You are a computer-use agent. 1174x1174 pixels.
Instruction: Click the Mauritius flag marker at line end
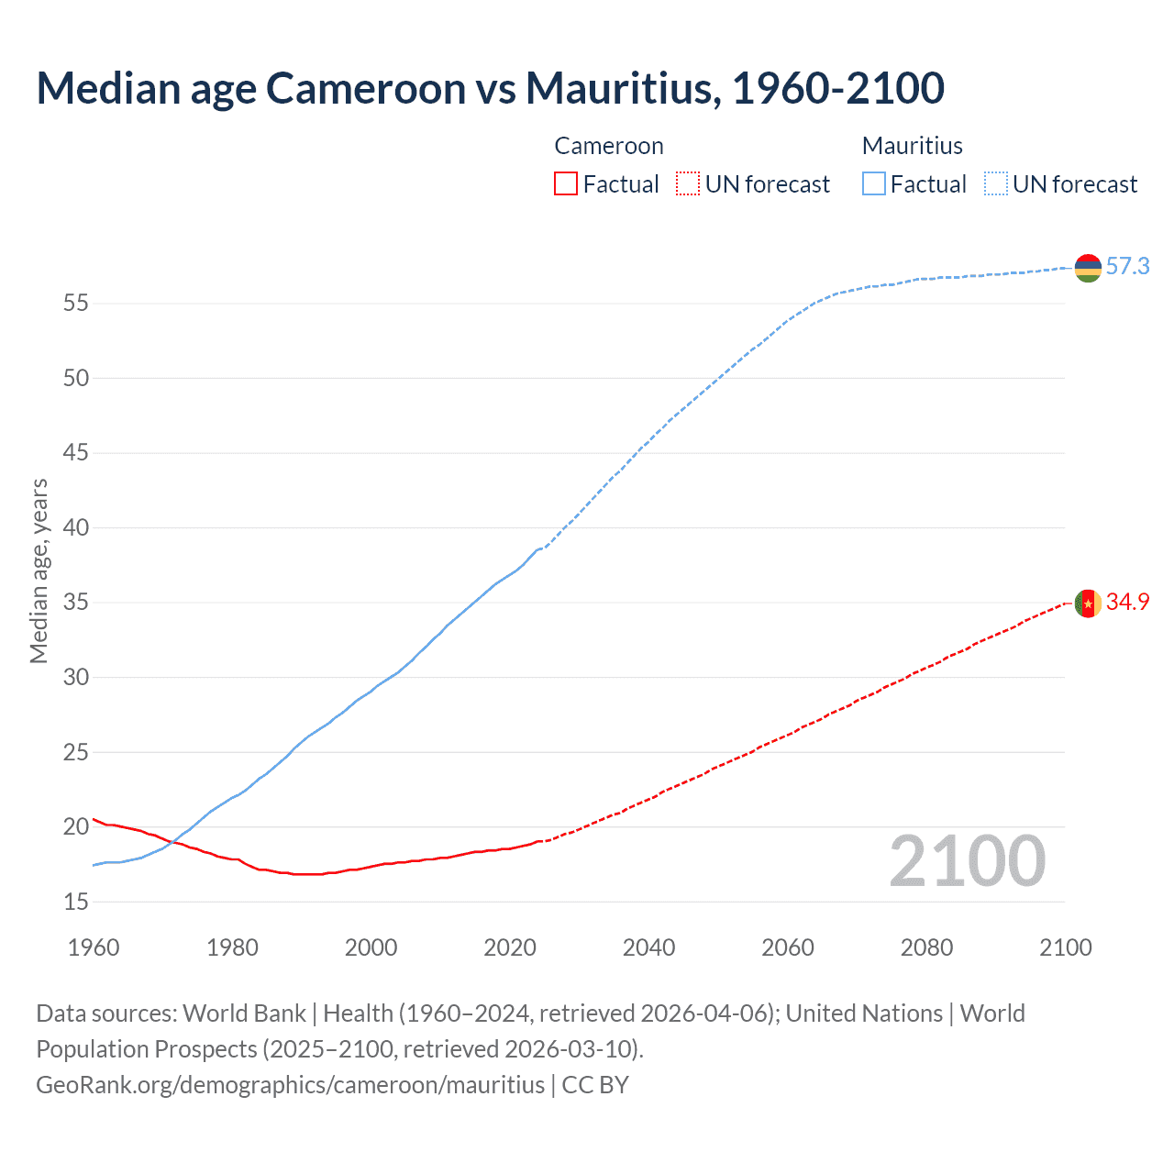pyautogui.click(x=1088, y=268)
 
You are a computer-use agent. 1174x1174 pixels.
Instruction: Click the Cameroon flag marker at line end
pyautogui.click(x=1088, y=604)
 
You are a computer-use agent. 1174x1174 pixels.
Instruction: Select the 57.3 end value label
pyautogui.click(x=1127, y=267)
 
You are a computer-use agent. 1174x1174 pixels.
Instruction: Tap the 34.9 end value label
pyautogui.click(x=1127, y=603)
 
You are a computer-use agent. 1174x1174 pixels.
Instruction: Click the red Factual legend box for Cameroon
pyautogui.click(x=566, y=184)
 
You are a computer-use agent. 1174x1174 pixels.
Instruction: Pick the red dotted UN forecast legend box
pyautogui.click(x=688, y=184)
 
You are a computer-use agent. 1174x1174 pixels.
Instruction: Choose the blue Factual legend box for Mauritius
pyautogui.click(x=873, y=184)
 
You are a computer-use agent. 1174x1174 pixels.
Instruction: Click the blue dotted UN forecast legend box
pyautogui.click(x=995, y=184)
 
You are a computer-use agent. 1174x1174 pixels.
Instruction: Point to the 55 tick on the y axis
pyautogui.click(x=76, y=304)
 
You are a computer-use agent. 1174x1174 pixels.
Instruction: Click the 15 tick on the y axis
pyautogui.click(x=76, y=903)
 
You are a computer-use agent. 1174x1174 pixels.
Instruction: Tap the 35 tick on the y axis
pyautogui.click(x=76, y=603)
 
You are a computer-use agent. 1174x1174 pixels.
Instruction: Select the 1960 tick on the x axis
pyautogui.click(x=94, y=947)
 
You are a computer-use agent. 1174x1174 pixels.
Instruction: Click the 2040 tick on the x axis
pyautogui.click(x=648, y=947)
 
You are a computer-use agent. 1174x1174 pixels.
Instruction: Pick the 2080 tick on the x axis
pyautogui.click(x=926, y=947)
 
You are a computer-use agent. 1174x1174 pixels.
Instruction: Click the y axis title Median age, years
pyautogui.click(x=39, y=570)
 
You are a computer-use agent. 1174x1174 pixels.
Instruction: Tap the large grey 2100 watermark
pyautogui.click(x=967, y=861)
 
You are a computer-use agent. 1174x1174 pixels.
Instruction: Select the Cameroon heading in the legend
pyautogui.click(x=608, y=146)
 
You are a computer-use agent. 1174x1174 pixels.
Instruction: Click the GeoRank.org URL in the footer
pyautogui.click(x=290, y=1085)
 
